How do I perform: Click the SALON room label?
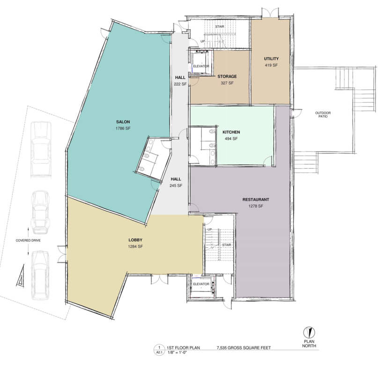click(x=123, y=122)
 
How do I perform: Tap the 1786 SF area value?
click(x=123, y=128)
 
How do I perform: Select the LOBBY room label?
click(x=135, y=240)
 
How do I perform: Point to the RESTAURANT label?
click(x=256, y=200)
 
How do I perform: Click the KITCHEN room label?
click(x=231, y=132)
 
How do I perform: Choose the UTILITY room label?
click(x=271, y=59)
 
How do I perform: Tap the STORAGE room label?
click(x=227, y=76)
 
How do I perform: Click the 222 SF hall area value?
click(x=180, y=84)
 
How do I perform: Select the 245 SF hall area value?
click(x=176, y=186)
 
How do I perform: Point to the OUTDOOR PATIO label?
click(x=323, y=115)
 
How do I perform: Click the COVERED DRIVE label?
click(x=28, y=240)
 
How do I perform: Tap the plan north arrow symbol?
click(x=309, y=332)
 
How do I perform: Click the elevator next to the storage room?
click(x=201, y=62)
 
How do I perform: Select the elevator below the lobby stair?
click(x=201, y=285)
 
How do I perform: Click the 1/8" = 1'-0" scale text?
click(x=177, y=352)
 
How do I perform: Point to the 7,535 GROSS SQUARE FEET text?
click(x=244, y=348)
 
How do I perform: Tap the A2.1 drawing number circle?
click(x=159, y=350)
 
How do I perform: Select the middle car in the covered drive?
click(x=41, y=212)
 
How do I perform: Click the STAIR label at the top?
click(x=219, y=27)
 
